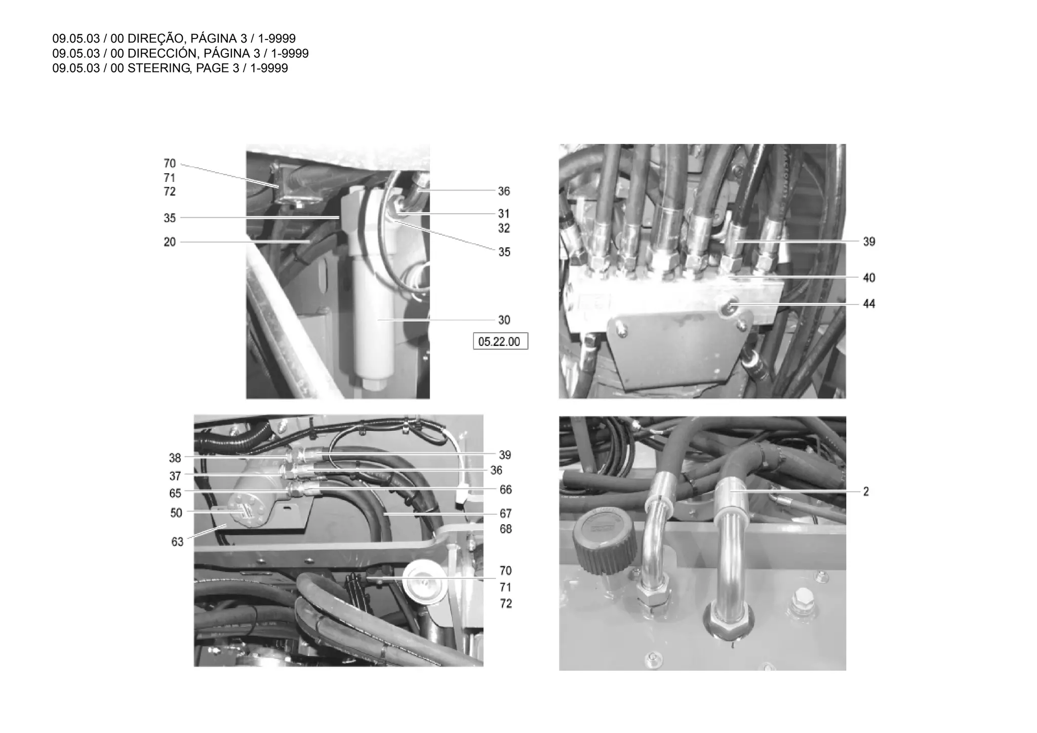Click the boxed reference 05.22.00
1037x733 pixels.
(x=499, y=342)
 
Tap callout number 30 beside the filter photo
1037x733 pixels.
(x=504, y=320)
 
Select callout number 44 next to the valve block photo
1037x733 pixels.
(x=869, y=304)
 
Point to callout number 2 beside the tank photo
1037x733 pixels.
(x=866, y=492)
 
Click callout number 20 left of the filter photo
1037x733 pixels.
(x=170, y=242)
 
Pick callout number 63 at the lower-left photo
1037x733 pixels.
(x=177, y=542)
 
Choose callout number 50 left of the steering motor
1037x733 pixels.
(x=176, y=513)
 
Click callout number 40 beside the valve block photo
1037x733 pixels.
(x=869, y=278)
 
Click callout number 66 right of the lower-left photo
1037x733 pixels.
(x=505, y=490)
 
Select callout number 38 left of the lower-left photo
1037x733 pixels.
(x=175, y=458)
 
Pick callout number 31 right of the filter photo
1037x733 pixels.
(x=504, y=214)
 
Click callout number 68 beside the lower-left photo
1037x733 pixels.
(x=505, y=529)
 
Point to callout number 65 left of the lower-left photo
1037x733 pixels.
(x=175, y=493)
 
